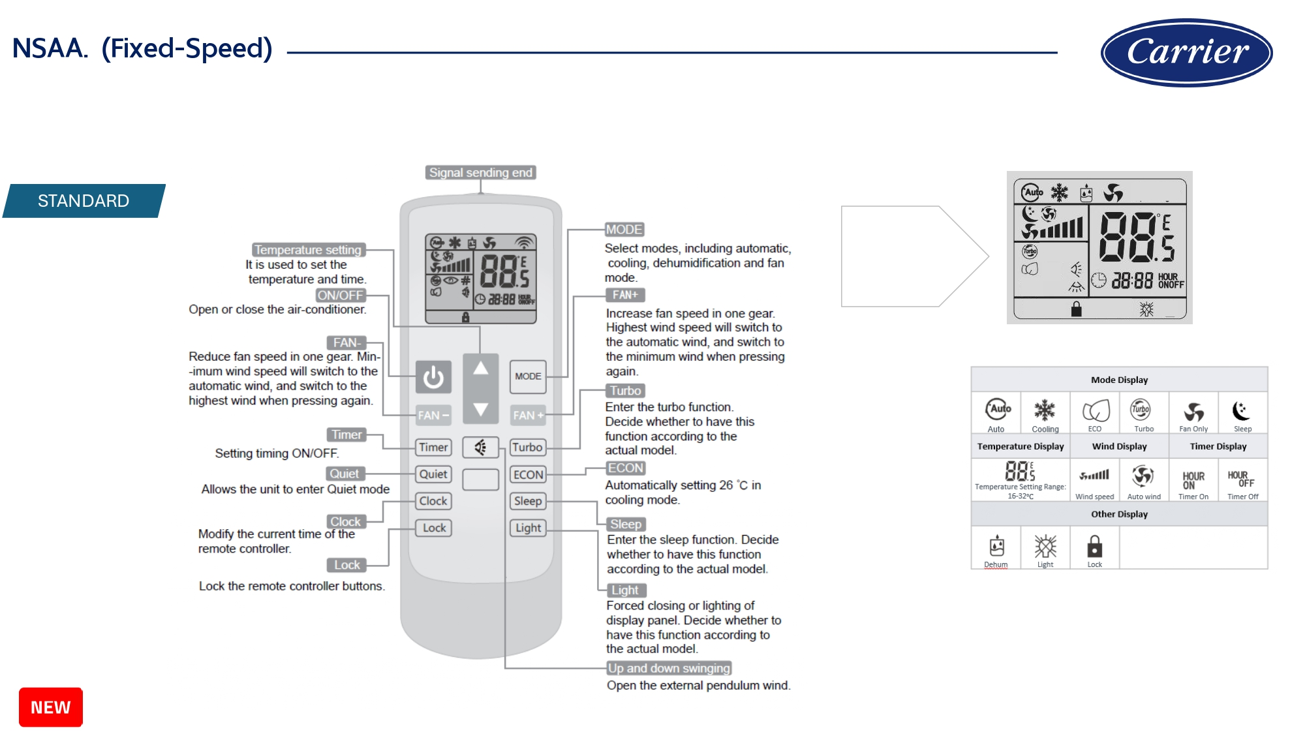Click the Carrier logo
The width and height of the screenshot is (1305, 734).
point(1186,52)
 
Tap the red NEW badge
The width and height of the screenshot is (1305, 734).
point(51,707)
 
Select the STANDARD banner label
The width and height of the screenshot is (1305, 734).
point(84,201)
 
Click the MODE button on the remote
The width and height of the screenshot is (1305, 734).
point(528,376)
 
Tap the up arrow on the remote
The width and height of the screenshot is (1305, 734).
point(481,369)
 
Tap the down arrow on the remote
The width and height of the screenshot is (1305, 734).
point(481,409)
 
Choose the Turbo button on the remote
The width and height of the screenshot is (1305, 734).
point(527,448)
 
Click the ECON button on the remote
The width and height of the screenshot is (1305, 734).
point(528,475)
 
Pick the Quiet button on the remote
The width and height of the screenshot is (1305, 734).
point(433,474)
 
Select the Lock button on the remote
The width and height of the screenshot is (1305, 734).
point(434,528)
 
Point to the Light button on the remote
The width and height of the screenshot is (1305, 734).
point(528,528)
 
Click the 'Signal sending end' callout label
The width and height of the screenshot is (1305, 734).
point(481,172)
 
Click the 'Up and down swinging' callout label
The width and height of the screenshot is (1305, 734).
point(669,668)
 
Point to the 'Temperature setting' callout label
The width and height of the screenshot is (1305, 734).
point(307,250)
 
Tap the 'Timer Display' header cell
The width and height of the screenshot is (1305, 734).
point(1218,446)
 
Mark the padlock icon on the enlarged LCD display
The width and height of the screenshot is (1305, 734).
point(1077,309)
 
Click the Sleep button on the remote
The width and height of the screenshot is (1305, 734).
point(528,501)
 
